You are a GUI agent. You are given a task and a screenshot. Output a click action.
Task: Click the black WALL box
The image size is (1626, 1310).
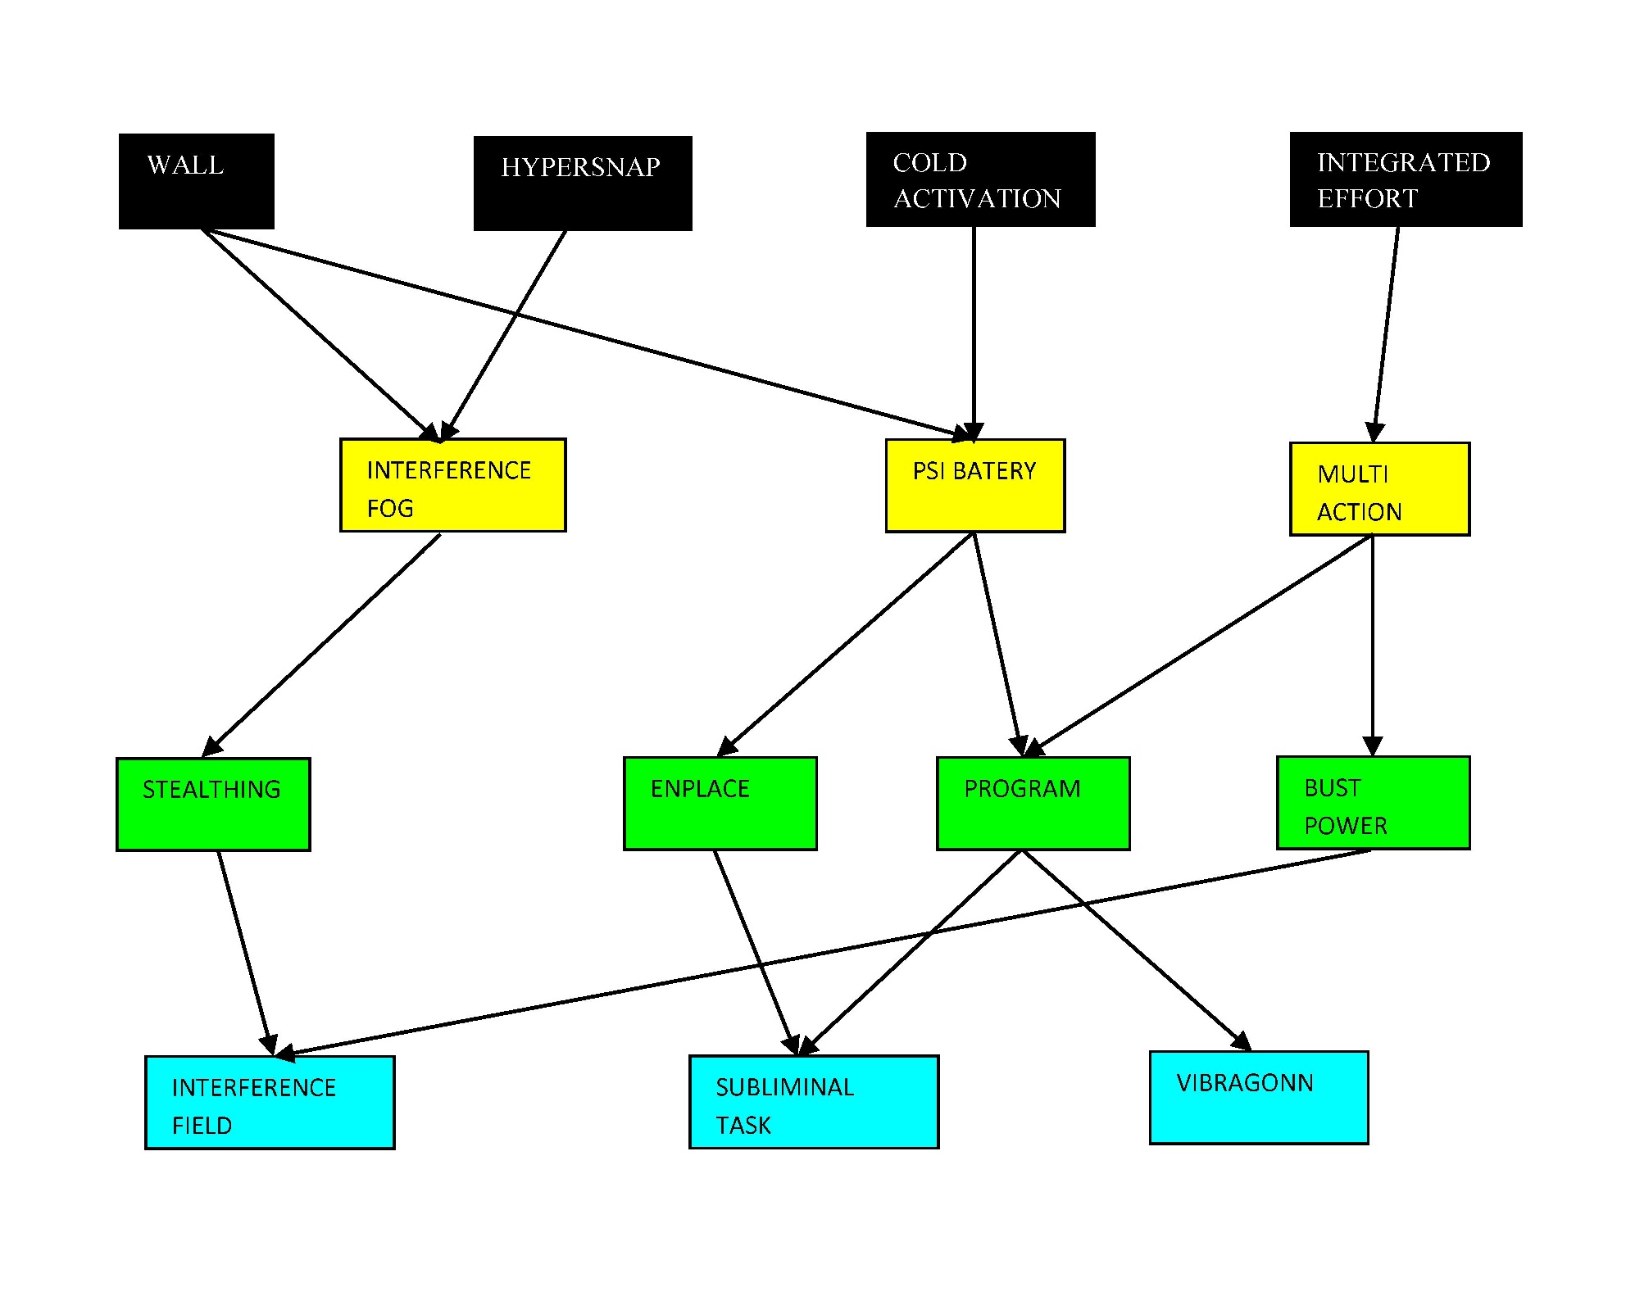pos(196,181)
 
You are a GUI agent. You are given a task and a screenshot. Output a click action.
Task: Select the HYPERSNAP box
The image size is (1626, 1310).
pos(583,184)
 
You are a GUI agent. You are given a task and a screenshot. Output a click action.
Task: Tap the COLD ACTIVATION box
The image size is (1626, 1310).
pos(980,179)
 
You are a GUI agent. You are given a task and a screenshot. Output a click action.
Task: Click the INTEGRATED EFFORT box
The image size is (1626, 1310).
pos(1405,179)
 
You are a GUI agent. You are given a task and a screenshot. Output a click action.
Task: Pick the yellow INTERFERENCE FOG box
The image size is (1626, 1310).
pos(452,485)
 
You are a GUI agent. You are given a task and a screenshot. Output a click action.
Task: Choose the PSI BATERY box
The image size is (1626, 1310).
pos(974,486)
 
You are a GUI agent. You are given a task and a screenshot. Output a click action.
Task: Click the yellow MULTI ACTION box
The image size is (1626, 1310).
pos(1378,489)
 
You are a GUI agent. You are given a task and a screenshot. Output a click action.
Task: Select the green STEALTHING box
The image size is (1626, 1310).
pos(213,805)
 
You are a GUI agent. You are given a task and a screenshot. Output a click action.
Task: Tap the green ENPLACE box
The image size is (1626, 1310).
pos(720,804)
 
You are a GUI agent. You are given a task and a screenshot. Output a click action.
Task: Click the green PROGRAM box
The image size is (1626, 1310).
pos(1033,804)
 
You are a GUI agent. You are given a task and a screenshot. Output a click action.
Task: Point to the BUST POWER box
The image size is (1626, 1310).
pos(1373,803)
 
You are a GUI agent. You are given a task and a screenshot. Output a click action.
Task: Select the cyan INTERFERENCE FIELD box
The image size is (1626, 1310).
pos(270,1103)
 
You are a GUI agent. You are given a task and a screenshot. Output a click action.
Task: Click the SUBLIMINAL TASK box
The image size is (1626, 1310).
pos(813,1102)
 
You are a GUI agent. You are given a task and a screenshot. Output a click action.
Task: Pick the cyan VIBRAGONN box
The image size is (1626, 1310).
pos(1258,1098)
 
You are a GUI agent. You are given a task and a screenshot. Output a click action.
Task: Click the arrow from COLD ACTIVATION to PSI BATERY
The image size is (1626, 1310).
pos(974,328)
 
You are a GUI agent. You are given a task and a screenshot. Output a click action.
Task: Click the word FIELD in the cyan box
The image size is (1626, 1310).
pos(202,1126)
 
